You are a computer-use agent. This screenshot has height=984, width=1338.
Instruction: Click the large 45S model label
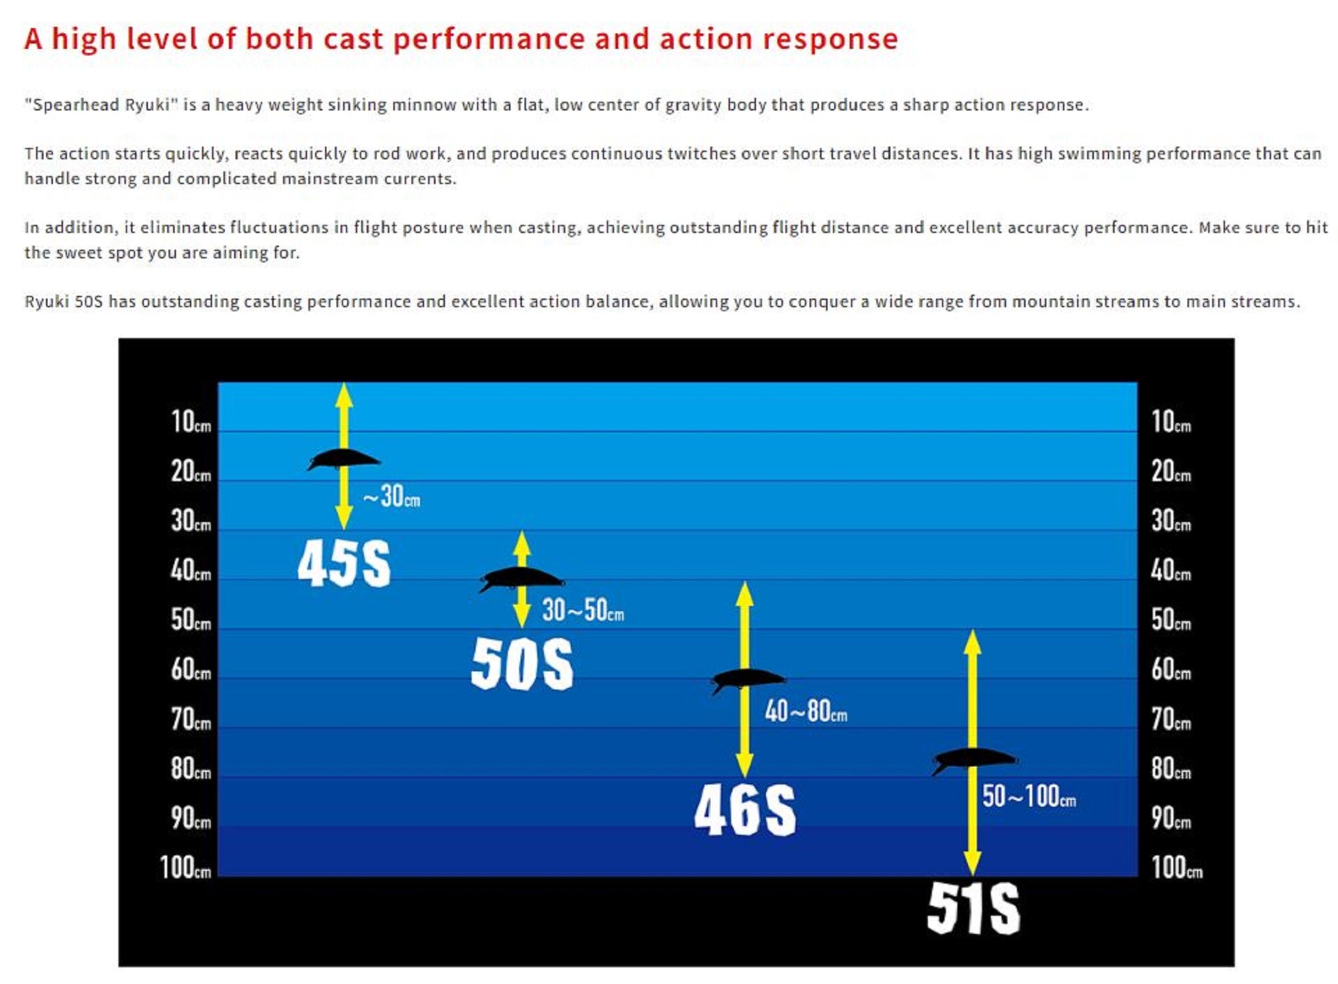coord(344,564)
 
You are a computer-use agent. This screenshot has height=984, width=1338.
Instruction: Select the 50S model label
coord(522,663)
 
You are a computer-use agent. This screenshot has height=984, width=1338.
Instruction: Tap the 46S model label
coord(745,810)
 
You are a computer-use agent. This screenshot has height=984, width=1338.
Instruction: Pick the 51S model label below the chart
coord(973,908)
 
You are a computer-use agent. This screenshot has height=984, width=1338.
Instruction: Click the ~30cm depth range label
coord(391,496)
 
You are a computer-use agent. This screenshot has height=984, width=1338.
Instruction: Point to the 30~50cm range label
coord(583,610)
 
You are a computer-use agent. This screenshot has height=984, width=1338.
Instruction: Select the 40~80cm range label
coord(806,710)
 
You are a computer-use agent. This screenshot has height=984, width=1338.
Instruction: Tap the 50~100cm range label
coord(1029,796)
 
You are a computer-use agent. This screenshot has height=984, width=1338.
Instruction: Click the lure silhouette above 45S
coord(343,459)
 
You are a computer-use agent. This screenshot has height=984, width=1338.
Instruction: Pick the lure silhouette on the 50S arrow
coord(522,579)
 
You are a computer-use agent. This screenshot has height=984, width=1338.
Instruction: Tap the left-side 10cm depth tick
coord(191,422)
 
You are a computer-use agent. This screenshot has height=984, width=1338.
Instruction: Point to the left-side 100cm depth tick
coord(185,868)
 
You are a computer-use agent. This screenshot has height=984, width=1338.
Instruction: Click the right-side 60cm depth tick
coord(1171,669)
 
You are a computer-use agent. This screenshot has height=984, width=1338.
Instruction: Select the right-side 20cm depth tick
coord(1171,471)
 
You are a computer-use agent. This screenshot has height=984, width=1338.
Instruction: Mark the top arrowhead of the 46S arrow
coord(745,594)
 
